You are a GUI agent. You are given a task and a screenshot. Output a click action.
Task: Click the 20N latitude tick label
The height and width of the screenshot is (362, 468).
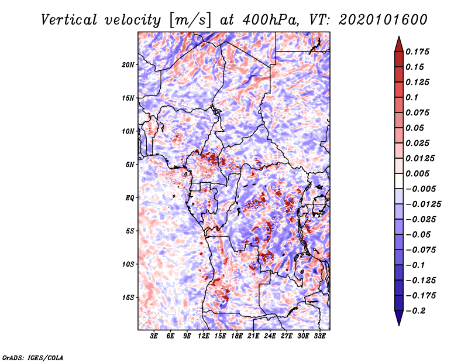point(128,64)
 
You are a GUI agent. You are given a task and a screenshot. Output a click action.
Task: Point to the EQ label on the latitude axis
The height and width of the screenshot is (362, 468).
point(130,198)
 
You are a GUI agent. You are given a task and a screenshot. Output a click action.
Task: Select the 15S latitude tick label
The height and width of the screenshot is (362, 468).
point(128,298)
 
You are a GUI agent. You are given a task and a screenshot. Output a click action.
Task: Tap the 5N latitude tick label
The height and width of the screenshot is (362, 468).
point(130,165)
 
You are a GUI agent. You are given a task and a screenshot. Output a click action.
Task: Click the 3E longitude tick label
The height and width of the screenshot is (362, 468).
point(154,336)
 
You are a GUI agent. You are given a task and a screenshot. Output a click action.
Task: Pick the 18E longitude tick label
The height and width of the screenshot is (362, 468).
point(237,336)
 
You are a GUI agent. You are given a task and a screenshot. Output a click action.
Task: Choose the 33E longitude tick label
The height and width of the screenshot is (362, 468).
point(319,336)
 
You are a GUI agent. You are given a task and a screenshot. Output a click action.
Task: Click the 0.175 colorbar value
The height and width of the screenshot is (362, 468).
point(419,52)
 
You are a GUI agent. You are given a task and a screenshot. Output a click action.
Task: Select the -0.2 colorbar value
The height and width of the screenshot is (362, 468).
point(417,311)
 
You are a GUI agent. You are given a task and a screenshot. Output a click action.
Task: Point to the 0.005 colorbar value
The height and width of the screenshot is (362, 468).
point(419,173)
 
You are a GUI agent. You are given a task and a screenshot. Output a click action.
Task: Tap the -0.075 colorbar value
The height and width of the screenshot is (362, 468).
point(421,250)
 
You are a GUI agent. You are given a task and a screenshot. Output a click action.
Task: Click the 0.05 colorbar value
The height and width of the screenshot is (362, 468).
point(417,128)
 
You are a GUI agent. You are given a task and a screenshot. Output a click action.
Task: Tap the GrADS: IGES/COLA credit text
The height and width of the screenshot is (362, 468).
point(33,357)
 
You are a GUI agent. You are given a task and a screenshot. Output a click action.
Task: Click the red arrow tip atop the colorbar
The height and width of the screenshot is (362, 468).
point(398,41)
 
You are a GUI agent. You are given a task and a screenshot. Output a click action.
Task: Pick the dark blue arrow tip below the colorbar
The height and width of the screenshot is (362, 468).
point(398,320)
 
